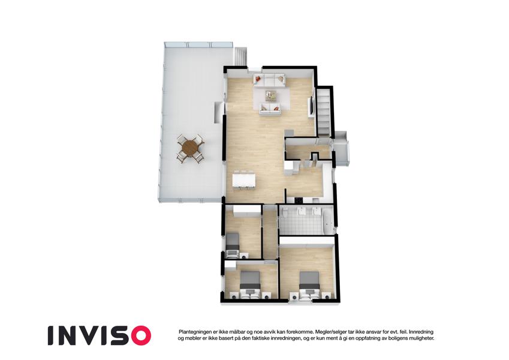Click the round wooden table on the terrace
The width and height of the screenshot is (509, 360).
coord(189,148)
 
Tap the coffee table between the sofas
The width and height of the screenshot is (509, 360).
coord(270,95)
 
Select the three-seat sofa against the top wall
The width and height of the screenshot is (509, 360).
coord(269,80)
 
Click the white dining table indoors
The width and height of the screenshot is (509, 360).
coord(244,181)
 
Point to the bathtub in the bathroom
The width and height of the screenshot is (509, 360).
coord(327,221)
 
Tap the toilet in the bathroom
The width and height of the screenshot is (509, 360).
coord(284,213)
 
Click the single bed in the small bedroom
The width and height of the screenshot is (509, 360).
coord(233,241)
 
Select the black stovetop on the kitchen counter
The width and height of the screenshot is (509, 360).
coord(299,199)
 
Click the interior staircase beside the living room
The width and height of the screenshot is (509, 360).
coord(323,112)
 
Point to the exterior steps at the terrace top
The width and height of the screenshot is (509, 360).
coord(240,57)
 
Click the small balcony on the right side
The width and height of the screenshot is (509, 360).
coord(341,149)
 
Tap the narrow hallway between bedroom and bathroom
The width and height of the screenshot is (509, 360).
coord(269,232)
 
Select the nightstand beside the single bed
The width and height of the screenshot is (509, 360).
coord(243,256)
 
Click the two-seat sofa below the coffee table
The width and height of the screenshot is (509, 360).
coord(269,108)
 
